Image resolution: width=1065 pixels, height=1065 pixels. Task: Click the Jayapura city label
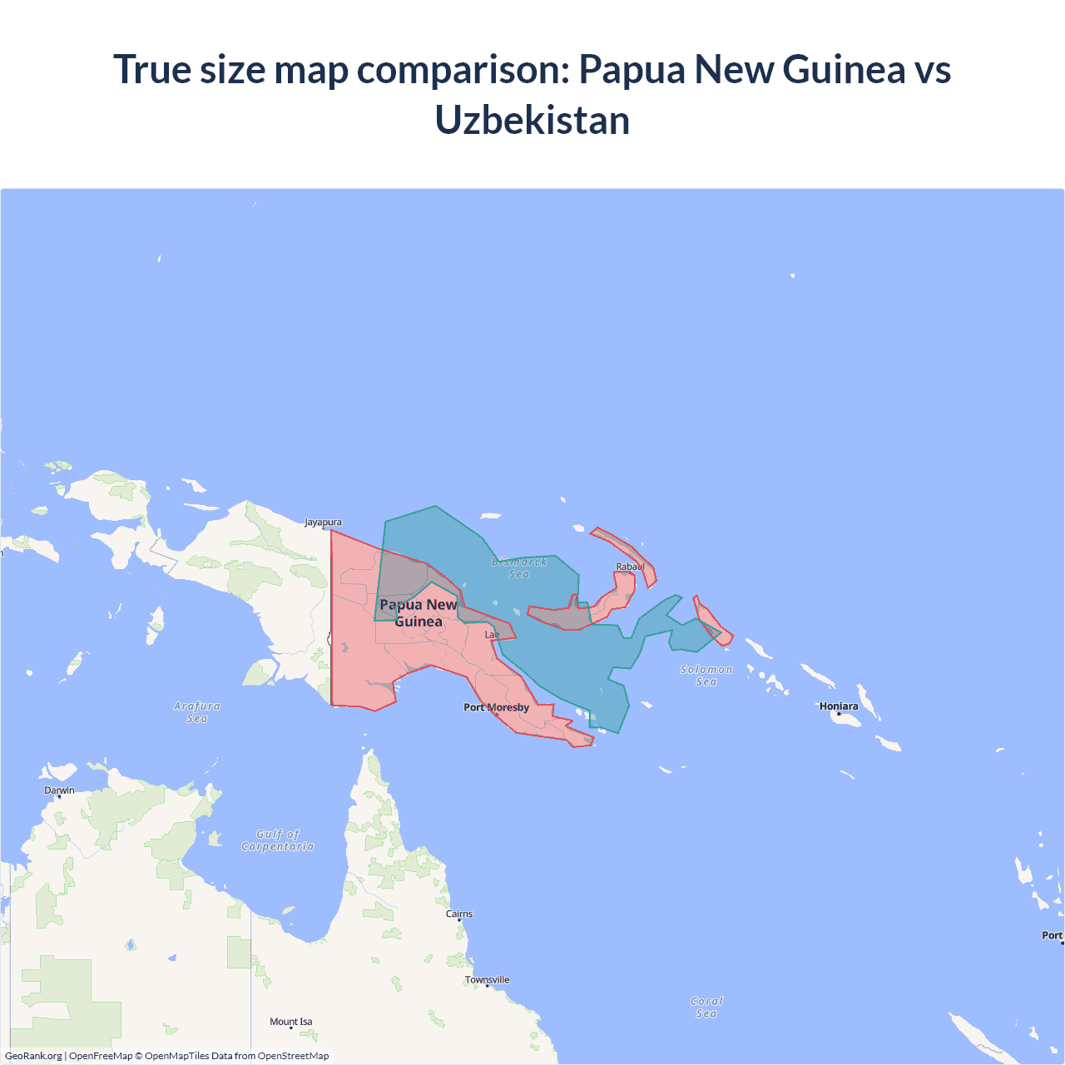point(323,523)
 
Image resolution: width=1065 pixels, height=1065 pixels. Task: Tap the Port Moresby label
point(496,707)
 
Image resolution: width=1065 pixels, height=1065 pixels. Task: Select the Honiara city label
point(839,706)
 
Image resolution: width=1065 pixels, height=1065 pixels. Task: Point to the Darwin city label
point(59,790)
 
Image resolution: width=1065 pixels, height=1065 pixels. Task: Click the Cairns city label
point(459,914)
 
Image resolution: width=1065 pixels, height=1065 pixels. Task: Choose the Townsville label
point(488,979)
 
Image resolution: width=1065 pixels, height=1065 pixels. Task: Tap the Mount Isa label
point(291,1022)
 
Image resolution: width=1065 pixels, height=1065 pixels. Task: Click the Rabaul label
point(630,567)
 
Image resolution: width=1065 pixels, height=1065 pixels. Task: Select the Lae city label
point(493,635)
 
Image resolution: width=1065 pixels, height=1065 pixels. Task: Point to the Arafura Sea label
point(197,712)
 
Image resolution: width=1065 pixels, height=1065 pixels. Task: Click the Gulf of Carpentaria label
point(278,840)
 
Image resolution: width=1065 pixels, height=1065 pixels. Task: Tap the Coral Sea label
point(706,1008)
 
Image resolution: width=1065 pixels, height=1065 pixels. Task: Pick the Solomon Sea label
point(706,676)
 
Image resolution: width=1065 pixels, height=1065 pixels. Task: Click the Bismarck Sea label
point(519,567)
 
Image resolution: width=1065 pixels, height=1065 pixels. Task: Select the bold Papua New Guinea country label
point(419,613)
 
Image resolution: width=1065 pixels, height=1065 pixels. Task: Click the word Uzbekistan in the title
point(532,121)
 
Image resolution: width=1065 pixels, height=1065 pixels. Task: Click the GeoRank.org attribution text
point(33,1056)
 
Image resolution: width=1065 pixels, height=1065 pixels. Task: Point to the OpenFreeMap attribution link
point(101,1056)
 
